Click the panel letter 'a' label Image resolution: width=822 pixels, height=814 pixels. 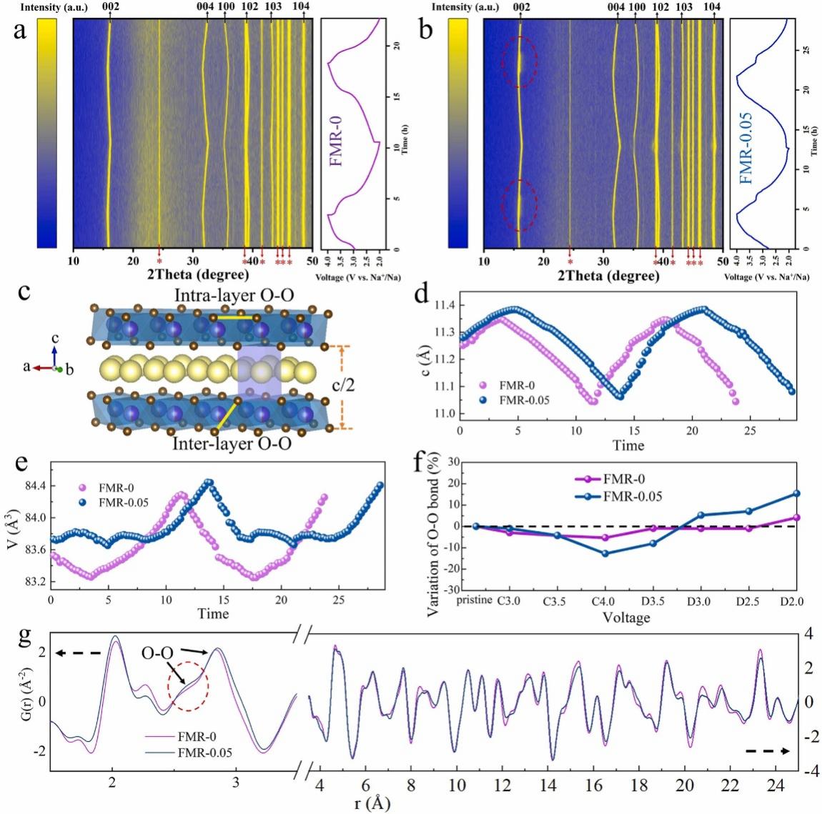click(x=26, y=34)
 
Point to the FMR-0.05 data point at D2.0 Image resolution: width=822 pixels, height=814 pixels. click(x=796, y=494)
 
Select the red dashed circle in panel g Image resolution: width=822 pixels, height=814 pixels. click(x=187, y=685)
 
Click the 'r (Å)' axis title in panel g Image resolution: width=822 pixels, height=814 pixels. click(x=372, y=803)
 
